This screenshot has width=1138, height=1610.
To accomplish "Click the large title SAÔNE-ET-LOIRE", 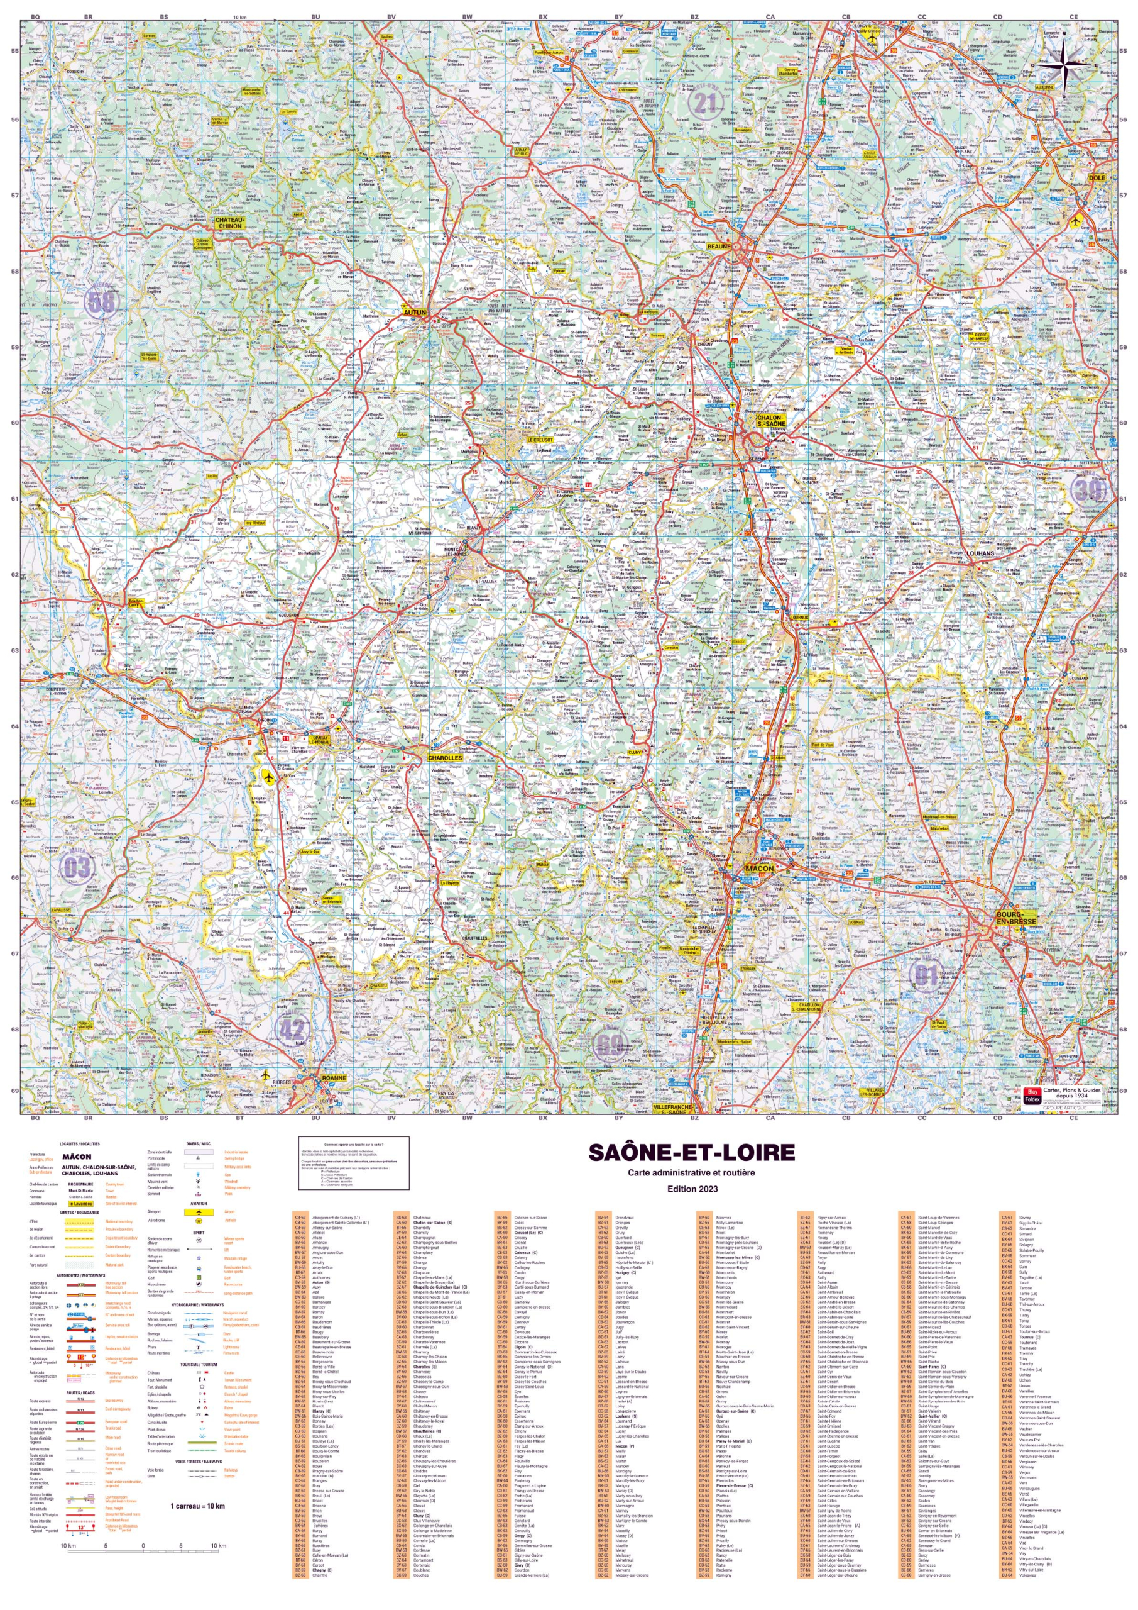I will (x=692, y=1153).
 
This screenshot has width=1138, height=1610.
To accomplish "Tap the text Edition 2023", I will (x=692, y=1189).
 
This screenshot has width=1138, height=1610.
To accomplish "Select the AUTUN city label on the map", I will (x=415, y=313).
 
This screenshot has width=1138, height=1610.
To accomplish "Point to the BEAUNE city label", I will (x=718, y=246).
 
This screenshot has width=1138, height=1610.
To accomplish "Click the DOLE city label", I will (x=1097, y=177).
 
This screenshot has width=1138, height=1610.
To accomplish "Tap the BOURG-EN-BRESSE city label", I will (x=1016, y=918).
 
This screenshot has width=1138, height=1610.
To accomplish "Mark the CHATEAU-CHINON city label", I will (x=230, y=222).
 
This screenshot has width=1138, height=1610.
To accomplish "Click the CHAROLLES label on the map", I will (x=444, y=757).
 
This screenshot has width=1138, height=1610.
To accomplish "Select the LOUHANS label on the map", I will (x=980, y=553).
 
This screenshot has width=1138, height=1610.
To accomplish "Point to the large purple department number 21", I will (x=704, y=103).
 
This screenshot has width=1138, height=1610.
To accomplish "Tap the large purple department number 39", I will (x=1088, y=489).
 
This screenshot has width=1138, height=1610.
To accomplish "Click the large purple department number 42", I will (x=293, y=1030).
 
